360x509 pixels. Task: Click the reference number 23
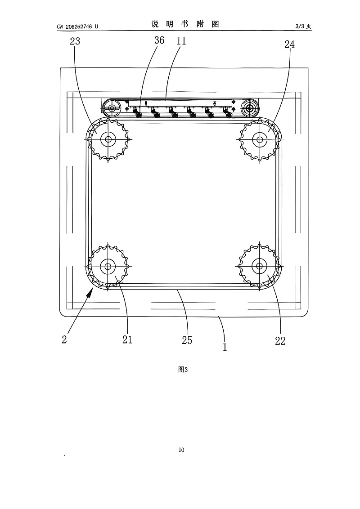(x=75, y=41)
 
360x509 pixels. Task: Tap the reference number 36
(x=159, y=40)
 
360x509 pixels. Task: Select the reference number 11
(x=181, y=41)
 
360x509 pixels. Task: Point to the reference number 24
(x=289, y=45)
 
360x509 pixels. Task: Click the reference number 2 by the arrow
(x=64, y=339)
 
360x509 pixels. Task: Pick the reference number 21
(x=127, y=339)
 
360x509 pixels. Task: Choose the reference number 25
(x=187, y=340)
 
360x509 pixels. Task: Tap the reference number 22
(x=280, y=340)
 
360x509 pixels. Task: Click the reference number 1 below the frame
(x=225, y=347)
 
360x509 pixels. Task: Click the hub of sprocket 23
(x=108, y=139)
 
